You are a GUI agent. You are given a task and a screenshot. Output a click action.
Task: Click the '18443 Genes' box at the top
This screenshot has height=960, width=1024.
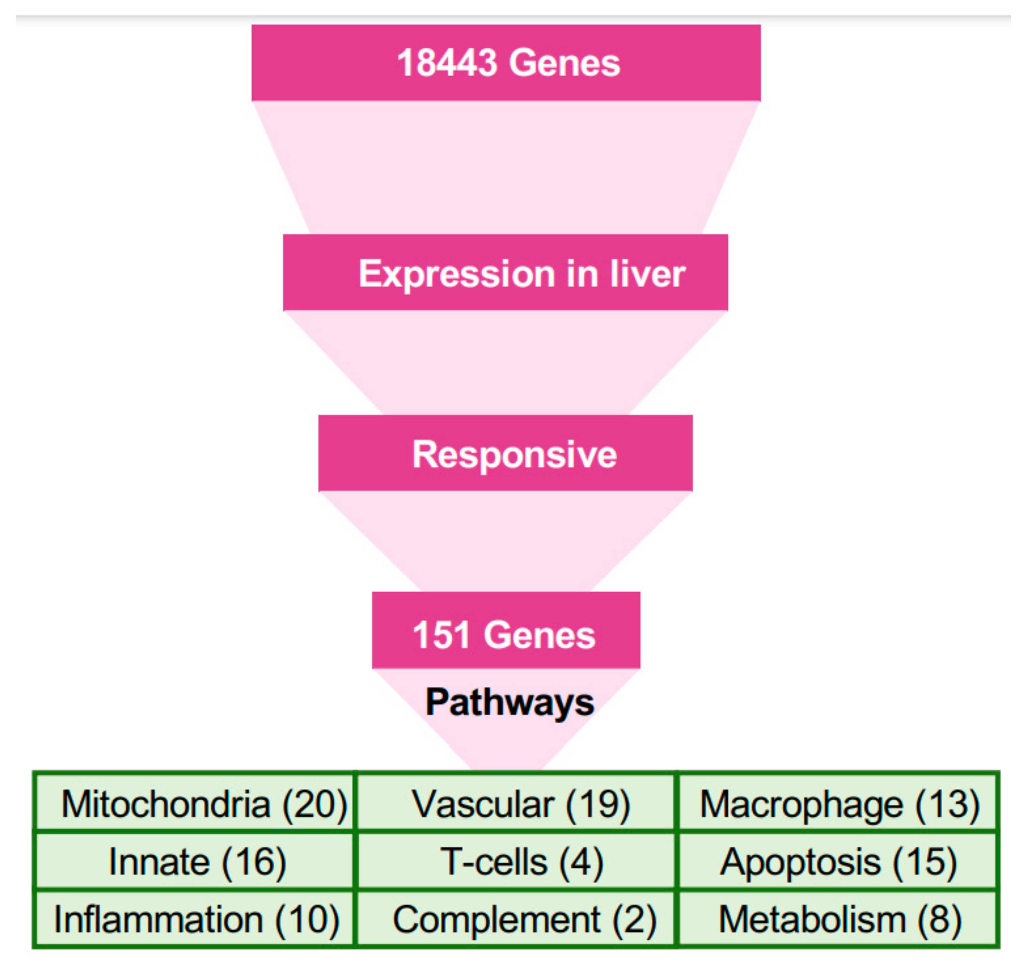(x=506, y=63)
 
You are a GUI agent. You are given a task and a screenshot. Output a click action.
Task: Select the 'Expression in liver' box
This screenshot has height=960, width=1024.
(x=505, y=273)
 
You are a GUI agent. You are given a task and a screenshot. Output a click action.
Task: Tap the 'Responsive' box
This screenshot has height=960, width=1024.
(x=505, y=453)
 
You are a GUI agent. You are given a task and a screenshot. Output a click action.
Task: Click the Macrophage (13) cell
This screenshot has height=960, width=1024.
(x=838, y=804)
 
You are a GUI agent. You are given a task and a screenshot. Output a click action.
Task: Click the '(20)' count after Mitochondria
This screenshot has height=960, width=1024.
(x=315, y=804)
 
